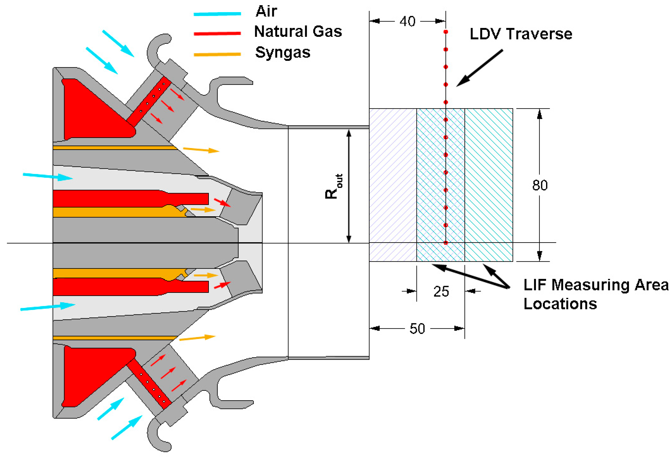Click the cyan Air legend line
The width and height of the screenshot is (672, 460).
(x=217, y=14)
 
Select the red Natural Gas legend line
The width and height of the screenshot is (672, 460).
(x=217, y=34)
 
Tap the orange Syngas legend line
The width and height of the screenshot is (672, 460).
(x=217, y=54)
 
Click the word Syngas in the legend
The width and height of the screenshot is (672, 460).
(x=283, y=53)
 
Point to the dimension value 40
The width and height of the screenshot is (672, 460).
(x=408, y=22)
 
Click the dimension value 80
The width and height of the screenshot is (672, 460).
(x=540, y=185)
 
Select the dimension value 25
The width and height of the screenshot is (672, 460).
(x=441, y=291)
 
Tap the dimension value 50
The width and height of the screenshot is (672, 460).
(x=417, y=329)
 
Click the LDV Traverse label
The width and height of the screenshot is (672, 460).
(x=521, y=34)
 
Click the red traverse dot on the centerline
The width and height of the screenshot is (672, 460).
(x=446, y=243)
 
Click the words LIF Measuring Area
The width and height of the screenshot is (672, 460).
(x=596, y=285)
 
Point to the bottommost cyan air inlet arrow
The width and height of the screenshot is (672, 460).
(x=127, y=428)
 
